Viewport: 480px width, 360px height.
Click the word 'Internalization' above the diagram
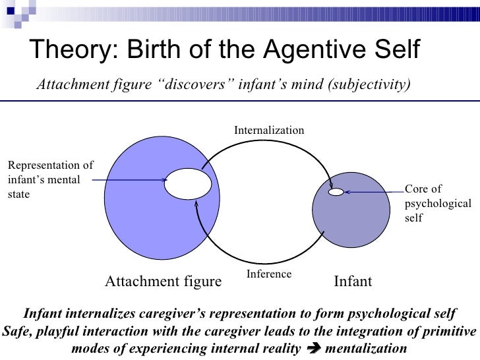(x=269, y=131)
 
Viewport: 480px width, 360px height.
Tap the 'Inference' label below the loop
(x=268, y=274)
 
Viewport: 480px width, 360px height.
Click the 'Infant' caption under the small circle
(x=353, y=282)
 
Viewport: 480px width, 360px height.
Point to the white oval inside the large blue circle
(x=187, y=184)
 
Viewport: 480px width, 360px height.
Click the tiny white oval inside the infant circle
(x=336, y=192)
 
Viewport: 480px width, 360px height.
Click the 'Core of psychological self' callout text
(x=437, y=203)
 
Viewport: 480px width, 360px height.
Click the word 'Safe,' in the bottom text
(x=19, y=330)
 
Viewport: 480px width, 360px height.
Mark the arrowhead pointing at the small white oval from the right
(x=347, y=192)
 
